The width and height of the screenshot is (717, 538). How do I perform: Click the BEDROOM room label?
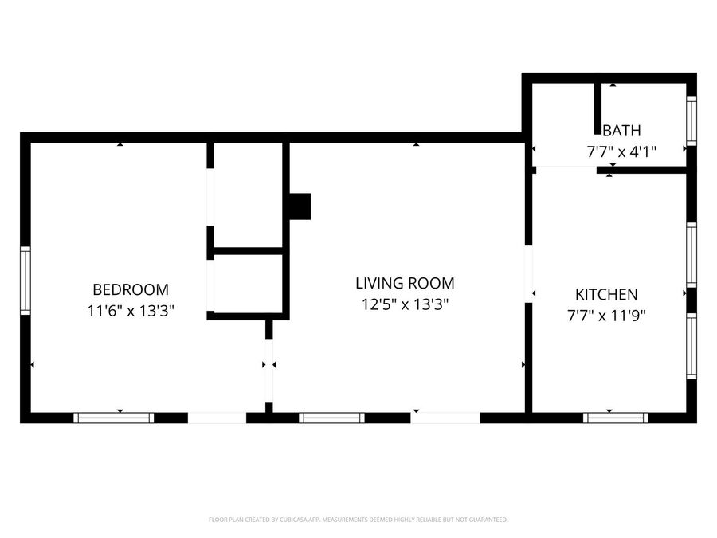tap(131, 289)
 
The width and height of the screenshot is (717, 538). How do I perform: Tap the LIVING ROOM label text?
tap(406, 283)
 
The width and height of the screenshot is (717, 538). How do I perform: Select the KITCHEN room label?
tap(606, 294)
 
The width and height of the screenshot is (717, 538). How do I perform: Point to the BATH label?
tap(622, 131)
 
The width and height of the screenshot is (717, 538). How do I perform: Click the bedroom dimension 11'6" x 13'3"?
tap(131, 311)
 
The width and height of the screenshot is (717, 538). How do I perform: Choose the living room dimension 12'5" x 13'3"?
tap(406, 304)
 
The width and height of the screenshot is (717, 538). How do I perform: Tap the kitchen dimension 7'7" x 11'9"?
tap(606, 315)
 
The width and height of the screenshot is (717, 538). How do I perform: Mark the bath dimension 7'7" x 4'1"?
tap(622, 151)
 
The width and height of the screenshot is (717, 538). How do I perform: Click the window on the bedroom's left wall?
tap(25, 281)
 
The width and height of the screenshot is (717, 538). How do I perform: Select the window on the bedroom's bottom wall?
tap(114, 418)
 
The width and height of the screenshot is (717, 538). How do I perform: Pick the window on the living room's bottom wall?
tap(332, 418)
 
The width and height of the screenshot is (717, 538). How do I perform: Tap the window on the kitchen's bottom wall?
tap(616, 418)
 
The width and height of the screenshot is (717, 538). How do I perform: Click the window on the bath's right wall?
tap(692, 121)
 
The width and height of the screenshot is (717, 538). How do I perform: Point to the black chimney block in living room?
tap(300, 206)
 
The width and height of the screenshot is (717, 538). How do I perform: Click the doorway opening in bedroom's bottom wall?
tap(217, 418)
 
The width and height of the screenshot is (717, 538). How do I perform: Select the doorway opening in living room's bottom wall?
tap(445, 418)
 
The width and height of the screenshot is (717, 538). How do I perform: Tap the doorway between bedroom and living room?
tap(269, 371)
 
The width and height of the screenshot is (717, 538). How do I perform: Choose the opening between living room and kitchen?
tap(529, 274)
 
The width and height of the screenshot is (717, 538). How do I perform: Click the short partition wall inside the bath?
tap(597, 108)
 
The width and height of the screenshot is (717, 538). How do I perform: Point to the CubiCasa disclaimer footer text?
tap(358, 520)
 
